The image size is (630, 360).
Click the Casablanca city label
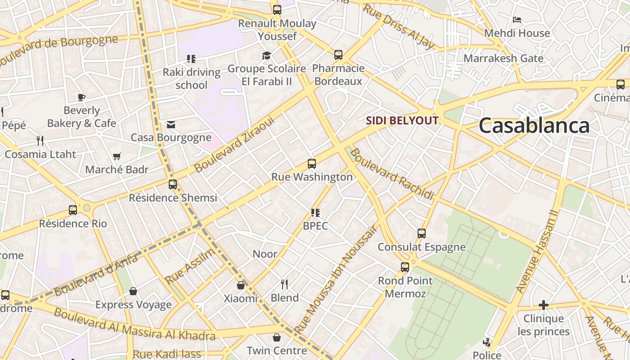[534, 125]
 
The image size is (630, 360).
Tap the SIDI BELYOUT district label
[402, 121]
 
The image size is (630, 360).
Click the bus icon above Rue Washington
[312, 164]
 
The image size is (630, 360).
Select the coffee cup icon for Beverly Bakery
[81, 97]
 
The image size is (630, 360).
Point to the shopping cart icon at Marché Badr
[117, 157]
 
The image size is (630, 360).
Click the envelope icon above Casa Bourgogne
[171, 125]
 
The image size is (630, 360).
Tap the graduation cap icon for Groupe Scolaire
[267, 55]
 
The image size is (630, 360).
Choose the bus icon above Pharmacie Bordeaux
[338, 55]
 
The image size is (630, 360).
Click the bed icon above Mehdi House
[517, 20]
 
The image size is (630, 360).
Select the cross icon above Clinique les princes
[544, 306]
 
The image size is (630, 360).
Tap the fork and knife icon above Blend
[284, 284]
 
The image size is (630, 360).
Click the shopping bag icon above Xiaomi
[241, 285]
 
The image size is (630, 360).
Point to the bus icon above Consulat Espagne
[422, 234]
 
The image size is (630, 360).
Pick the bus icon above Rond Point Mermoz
[405, 267]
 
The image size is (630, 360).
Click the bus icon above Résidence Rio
[73, 210]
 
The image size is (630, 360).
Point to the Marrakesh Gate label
[504, 58]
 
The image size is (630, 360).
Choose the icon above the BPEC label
[315, 212]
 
